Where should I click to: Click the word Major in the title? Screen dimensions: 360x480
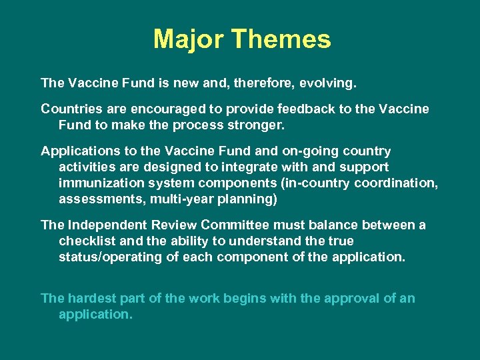(x=189, y=39)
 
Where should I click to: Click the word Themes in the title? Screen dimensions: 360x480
(x=281, y=39)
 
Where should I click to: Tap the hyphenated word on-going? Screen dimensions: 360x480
(x=313, y=151)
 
